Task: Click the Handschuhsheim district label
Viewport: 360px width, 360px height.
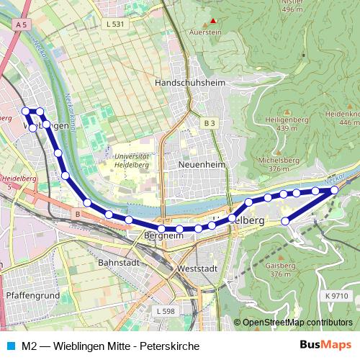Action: (188, 83)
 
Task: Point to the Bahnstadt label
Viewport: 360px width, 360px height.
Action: (120, 264)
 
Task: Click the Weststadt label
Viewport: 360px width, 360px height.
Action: (197, 268)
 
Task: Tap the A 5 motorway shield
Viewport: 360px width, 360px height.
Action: (23, 24)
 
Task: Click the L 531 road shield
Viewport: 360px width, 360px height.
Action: (114, 24)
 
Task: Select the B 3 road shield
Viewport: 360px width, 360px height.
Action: (209, 124)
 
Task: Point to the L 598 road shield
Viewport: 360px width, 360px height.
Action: (165, 310)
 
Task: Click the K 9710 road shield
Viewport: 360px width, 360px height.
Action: (336, 295)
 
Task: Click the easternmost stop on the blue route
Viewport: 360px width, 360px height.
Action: (334, 189)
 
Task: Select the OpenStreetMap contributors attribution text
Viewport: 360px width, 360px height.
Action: (297, 323)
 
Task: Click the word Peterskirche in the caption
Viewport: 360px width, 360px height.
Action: (174, 346)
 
